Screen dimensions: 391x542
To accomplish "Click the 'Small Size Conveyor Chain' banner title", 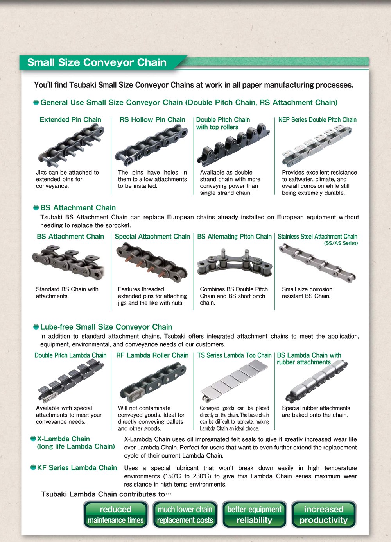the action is pos(97,62).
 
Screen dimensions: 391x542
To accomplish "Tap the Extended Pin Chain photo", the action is pos(71,145).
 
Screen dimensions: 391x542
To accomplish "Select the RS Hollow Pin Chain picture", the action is pos(151,145).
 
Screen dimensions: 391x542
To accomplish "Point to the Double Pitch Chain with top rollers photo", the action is pos(233,145).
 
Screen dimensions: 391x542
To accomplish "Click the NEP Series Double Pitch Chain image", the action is pos(317,146).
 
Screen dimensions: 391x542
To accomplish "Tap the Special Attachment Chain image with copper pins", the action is pos(152,263).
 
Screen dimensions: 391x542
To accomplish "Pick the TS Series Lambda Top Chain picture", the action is pos(234,380).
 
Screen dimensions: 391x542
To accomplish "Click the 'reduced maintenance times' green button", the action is pos(116,514).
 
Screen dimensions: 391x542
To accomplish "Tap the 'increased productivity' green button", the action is pos(324,514).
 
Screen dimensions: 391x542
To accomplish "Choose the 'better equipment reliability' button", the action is pos(255,514).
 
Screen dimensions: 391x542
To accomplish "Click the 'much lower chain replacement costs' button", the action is pos(185,514).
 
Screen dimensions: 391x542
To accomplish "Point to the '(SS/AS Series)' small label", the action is pos(341,243).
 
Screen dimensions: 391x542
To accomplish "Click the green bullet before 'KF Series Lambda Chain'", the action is pos(33,467).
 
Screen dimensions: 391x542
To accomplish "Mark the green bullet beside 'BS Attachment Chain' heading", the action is pos(36,208).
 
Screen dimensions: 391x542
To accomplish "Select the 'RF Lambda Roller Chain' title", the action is pos(152,355).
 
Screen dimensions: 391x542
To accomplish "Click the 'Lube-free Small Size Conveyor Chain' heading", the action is pos(106,327).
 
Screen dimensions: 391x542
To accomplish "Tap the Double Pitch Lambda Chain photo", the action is pos(71,381).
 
